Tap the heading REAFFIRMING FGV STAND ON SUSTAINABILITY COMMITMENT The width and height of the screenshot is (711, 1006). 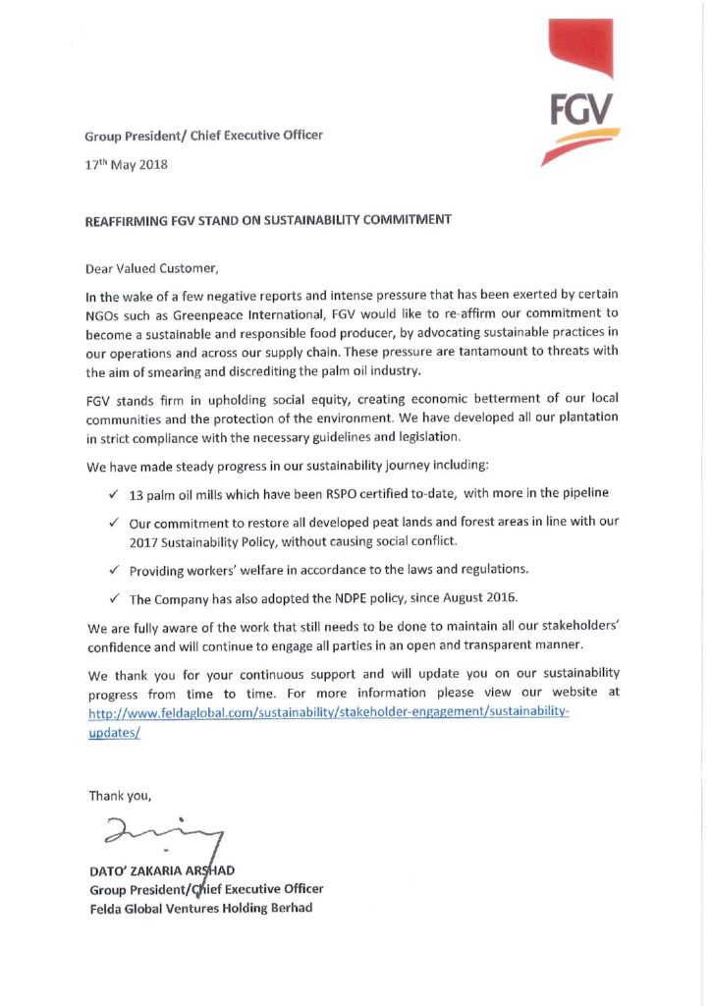(268, 220)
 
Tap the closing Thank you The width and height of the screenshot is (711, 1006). (120, 795)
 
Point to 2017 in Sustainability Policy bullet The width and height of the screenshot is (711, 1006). (144, 541)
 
